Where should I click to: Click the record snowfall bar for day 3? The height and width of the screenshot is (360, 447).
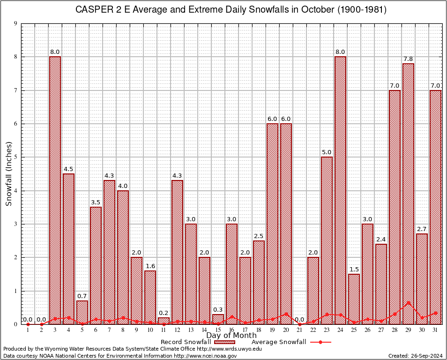[x=55, y=187]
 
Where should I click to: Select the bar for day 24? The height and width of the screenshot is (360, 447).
[x=340, y=187]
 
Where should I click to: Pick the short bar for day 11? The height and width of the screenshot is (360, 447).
[x=164, y=321]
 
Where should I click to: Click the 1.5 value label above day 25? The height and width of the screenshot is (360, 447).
[x=354, y=269]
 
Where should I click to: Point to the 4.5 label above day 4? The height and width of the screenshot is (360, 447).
[x=68, y=169]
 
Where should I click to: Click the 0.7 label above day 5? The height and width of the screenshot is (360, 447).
[x=82, y=296]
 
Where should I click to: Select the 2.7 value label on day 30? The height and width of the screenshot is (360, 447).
[x=422, y=229]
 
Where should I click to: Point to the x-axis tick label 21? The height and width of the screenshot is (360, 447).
[x=299, y=330]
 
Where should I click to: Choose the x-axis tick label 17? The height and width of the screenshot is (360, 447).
[x=245, y=330]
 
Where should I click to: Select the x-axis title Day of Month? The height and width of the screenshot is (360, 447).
[x=231, y=336]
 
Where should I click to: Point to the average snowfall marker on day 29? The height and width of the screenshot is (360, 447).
[x=408, y=303]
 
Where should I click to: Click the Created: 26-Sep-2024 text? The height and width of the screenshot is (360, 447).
[x=416, y=356]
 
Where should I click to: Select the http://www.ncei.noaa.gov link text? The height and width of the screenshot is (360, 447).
[x=205, y=356]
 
